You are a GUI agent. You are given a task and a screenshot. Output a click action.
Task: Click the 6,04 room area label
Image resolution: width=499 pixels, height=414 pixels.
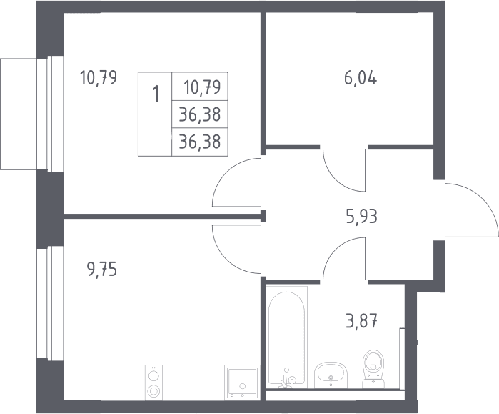[361, 79]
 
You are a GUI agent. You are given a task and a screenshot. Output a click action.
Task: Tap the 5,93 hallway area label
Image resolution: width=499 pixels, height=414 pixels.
[361, 217]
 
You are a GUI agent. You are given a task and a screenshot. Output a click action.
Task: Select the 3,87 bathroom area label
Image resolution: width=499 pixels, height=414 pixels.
[361, 321]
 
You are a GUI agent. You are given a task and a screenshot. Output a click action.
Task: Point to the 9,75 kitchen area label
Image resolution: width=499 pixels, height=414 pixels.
[102, 270]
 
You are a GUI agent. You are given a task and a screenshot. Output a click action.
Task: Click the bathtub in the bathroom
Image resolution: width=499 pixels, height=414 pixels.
[287, 337]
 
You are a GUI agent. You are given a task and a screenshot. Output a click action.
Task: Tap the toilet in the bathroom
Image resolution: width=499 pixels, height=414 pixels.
[373, 369]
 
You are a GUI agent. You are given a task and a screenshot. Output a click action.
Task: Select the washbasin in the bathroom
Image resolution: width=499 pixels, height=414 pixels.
[331, 375]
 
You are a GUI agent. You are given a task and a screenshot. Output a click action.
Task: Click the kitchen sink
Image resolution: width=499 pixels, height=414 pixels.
[242, 383]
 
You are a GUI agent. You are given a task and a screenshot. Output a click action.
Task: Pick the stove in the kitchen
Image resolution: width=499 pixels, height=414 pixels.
[153, 383]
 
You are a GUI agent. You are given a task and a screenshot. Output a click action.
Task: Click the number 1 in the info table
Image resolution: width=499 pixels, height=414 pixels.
[156, 94]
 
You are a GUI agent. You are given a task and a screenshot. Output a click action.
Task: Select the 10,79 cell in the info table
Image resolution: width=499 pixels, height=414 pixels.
[200, 87]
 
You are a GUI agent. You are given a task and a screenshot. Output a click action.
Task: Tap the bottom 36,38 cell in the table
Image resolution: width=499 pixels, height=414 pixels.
[200, 142]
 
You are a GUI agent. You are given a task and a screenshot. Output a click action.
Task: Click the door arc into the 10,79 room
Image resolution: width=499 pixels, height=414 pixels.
[226, 172]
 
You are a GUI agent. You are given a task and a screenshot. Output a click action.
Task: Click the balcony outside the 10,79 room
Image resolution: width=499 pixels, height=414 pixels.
[19, 114]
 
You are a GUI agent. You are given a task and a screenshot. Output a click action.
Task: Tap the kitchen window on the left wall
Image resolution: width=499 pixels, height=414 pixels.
[50, 303]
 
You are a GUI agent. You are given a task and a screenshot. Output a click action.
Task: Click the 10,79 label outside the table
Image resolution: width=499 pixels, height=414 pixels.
[99, 78]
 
